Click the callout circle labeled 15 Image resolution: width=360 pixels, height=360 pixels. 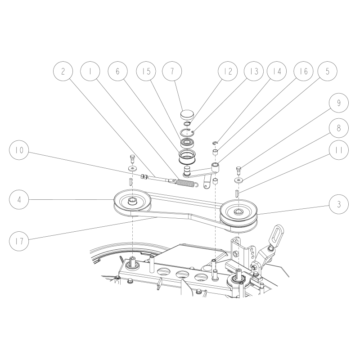coord(145,72)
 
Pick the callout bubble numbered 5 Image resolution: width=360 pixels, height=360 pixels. coord(327,72)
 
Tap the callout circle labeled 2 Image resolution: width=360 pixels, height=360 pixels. coord(63,72)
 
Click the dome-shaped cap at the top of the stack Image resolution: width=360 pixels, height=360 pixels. coord(186,114)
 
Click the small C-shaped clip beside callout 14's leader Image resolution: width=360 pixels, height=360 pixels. coord(216,144)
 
